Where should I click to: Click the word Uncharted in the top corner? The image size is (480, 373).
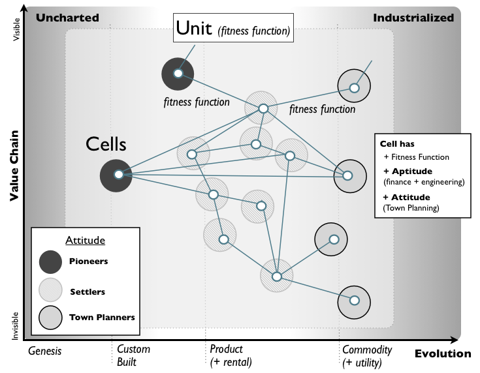pyautogui.click(x=67, y=18)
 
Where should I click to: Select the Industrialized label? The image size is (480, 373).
pyautogui.click(x=413, y=18)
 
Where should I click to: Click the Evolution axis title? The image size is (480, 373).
pyautogui.click(x=442, y=353)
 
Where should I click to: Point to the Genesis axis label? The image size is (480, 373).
pyautogui.click(x=45, y=350)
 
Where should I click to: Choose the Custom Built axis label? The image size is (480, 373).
pyautogui.click(x=133, y=355)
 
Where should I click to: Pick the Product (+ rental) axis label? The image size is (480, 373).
pyautogui.click(x=231, y=355)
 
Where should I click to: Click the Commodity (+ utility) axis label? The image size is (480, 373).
pyautogui.click(x=367, y=355)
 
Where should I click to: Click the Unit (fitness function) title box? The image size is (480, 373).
pyautogui.click(x=232, y=29)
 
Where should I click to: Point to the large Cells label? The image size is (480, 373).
pyautogui.click(x=106, y=144)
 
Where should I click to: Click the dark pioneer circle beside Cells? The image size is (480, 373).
pyautogui.click(x=118, y=175)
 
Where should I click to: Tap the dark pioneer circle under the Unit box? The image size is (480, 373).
pyautogui.click(x=178, y=74)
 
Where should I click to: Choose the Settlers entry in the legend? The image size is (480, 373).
pyautogui.click(x=88, y=291)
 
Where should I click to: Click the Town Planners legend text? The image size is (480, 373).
pyautogui.click(x=101, y=318)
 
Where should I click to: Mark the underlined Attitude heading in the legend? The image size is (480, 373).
pyautogui.click(x=85, y=240)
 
